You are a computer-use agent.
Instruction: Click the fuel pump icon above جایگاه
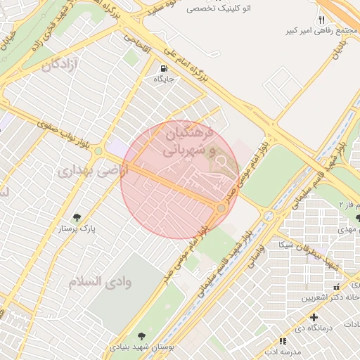point(164,69)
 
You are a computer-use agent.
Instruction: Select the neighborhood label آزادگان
point(63,65)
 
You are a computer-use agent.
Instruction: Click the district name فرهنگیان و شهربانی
point(185,141)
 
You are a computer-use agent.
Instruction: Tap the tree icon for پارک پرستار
point(77,217)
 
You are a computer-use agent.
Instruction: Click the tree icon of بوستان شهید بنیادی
point(142,336)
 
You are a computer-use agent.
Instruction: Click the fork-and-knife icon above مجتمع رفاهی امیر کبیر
point(321,20)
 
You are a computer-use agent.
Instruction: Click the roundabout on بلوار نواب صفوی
point(98,150)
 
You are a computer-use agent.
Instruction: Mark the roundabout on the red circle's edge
point(221,207)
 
